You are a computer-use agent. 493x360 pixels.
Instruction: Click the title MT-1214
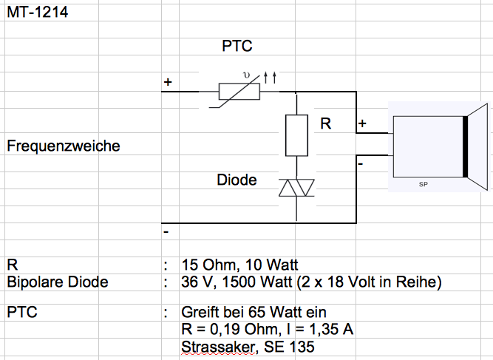click(38, 13)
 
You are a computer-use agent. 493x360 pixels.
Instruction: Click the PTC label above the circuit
click(237, 47)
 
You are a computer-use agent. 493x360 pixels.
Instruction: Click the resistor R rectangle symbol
click(296, 135)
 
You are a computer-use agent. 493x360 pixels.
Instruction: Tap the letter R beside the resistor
click(326, 125)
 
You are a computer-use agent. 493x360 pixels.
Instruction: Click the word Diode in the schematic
click(237, 180)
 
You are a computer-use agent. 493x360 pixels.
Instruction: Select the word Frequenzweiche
click(63, 146)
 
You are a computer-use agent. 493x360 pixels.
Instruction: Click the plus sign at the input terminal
click(168, 82)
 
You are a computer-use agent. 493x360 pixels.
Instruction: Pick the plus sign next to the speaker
click(363, 123)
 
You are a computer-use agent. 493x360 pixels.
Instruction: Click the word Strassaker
click(214, 346)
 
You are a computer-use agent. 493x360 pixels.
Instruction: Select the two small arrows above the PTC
click(271, 77)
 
